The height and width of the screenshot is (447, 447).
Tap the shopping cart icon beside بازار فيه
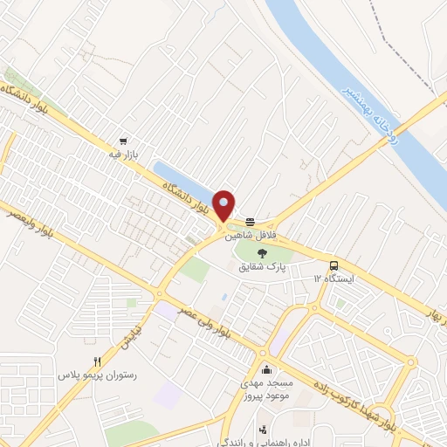click(x=124, y=141)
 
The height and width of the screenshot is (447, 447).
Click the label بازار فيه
click(x=125, y=155)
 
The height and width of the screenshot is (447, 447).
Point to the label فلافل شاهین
click(x=251, y=235)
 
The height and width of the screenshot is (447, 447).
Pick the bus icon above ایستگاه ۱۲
click(x=334, y=265)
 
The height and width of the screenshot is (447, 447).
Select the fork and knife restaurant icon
click(x=98, y=361)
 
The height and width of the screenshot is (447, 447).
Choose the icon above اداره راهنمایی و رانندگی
click(x=263, y=429)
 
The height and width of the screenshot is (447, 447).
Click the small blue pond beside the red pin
click(x=183, y=179)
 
